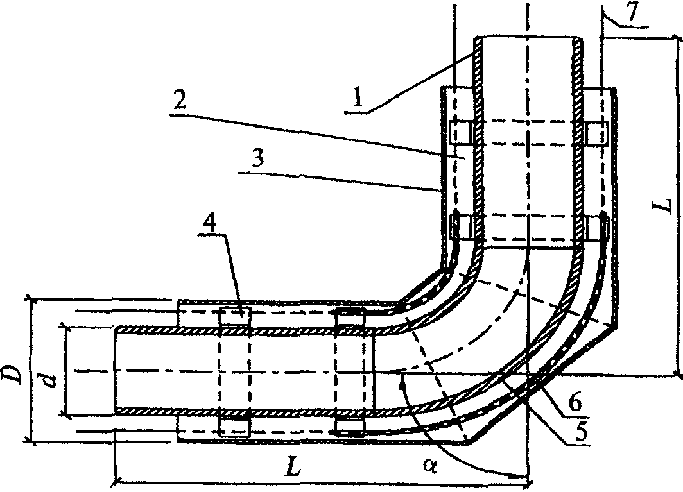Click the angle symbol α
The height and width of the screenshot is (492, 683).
pos(437,467)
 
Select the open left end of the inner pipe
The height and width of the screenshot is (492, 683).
pos(115,370)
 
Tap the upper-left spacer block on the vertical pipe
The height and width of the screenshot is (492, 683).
pos(462,132)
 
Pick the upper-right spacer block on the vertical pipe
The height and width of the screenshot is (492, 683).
pos(595,132)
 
